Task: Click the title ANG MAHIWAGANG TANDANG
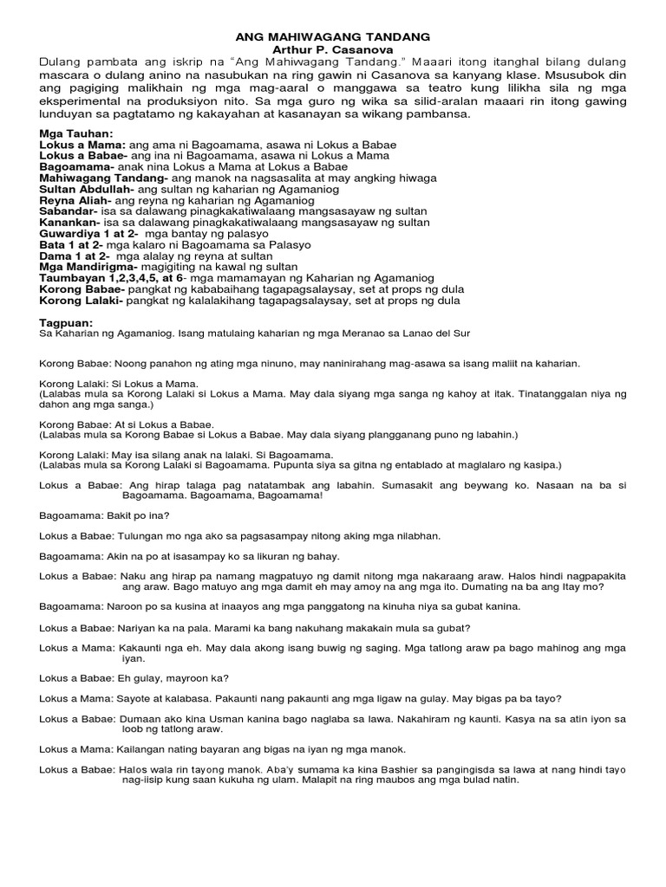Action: [x=333, y=38]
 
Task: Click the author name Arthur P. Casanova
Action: [x=333, y=50]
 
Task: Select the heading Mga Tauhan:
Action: [x=76, y=133]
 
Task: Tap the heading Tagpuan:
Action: [x=66, y=322]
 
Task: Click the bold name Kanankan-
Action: [x=70, y=223]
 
